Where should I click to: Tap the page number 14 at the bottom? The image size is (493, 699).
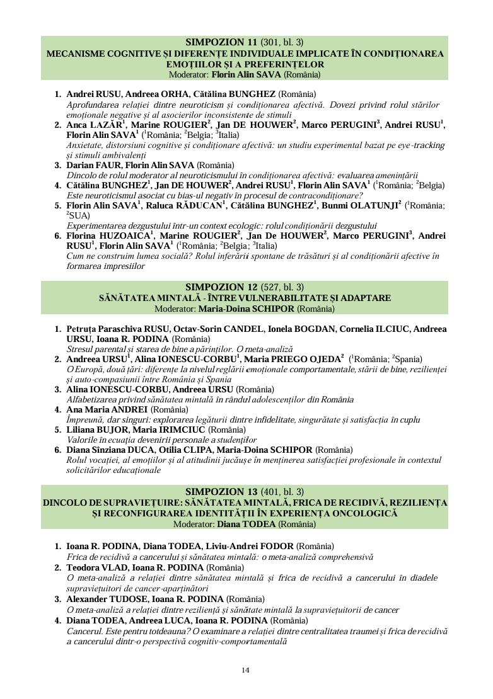pyautogui.click(x=246, y=669)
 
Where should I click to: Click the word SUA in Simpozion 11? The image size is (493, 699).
pyautogui.click(x=79, y=215)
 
